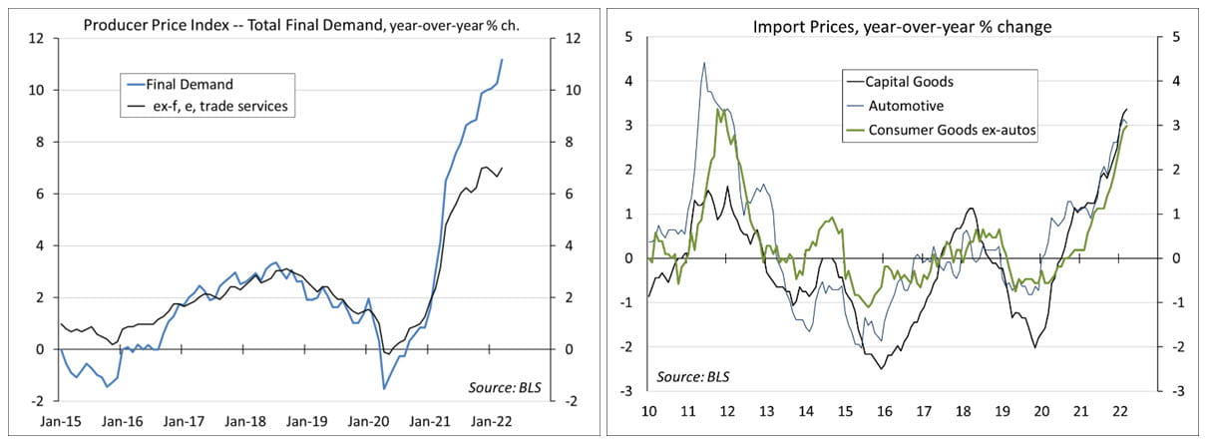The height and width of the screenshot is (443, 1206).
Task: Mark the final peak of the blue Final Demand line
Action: [x=502, y=60]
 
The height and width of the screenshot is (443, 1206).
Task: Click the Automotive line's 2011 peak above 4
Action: [x=704, y=63]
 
